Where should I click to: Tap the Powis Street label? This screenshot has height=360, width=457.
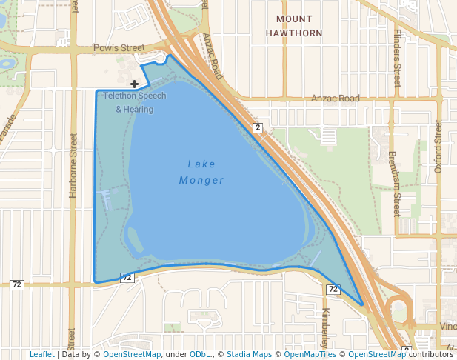[x=119, y=48]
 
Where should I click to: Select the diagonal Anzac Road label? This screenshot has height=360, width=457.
[x=213, y=56]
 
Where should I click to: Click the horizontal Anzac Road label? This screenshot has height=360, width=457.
[x=335, y=99]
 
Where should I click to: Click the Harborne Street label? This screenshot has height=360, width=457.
[x=73, y=164]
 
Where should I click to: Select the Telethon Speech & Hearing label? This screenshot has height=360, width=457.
[x=134, y=102]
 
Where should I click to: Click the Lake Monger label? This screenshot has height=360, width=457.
[x=201, y=172]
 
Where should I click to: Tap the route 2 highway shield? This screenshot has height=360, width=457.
[x=257, y=127]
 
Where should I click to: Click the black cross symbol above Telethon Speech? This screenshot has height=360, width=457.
[x=134, y=84]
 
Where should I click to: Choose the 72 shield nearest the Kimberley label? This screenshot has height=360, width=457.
[x=333, y=290]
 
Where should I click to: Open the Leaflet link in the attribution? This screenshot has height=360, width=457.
[x=41, y=354]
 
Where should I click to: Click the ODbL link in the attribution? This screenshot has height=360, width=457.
[x=200, y=354]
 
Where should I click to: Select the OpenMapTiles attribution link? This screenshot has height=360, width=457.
[x=310, y=354]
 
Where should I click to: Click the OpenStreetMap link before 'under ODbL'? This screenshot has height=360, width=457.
[x=132, y=354]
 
